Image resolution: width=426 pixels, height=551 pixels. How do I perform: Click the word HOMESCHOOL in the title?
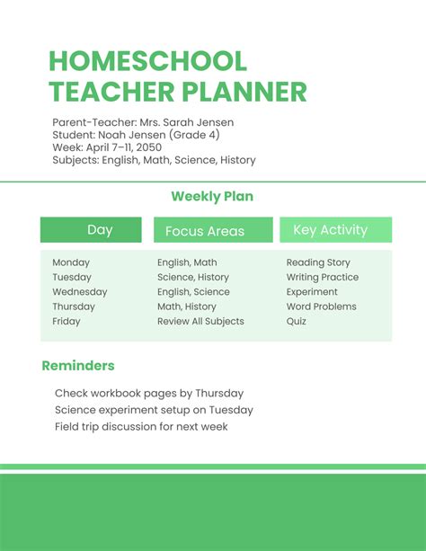[147, 61]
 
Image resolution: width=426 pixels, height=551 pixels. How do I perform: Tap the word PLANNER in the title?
[244, 92]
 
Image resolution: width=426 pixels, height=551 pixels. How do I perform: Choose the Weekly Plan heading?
[213, 196]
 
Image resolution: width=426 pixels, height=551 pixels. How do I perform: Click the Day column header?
[100, 230]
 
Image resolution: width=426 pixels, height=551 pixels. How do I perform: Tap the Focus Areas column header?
[205, 231]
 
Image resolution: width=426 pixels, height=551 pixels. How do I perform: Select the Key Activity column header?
[330, 230]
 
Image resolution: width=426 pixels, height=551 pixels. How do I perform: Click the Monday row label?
[71, 262]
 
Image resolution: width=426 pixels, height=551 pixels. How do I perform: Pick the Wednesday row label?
[80, 292]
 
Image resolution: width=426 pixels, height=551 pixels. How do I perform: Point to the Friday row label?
[67, 321]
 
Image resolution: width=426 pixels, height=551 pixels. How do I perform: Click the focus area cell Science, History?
[193, 278]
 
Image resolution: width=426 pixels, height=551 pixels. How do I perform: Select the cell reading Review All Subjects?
[200, 321]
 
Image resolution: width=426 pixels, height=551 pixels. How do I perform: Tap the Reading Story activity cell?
[318, 262]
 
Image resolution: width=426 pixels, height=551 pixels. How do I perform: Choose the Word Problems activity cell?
[322, 307]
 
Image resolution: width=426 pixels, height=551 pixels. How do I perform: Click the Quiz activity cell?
[297, 321]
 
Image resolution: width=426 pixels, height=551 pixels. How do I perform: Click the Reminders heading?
[78, 366]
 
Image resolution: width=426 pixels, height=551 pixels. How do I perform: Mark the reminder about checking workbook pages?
[149, 393]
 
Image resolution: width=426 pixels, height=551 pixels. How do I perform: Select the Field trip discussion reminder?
[141, 426]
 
